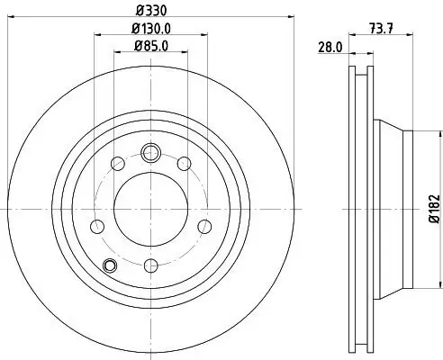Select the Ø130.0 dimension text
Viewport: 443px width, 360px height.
pyautogui.click(x=151, y=29)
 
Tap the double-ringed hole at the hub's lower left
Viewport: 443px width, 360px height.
pyautogui.click(x=110, y=265)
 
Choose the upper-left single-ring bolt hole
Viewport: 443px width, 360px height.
pyautogui.click(x=116, y=163)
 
